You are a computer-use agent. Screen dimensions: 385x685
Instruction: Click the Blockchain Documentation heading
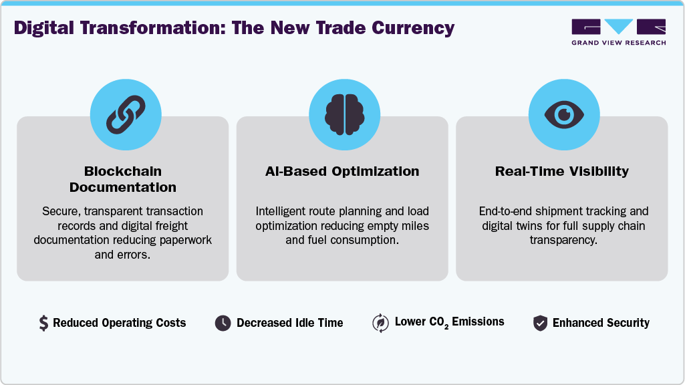coord(122,179)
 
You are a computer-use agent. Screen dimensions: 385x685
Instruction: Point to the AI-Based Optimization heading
coord(342,171)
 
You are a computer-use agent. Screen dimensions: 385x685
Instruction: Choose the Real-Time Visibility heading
coord(561,171)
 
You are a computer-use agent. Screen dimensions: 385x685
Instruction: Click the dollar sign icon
coord(43,324)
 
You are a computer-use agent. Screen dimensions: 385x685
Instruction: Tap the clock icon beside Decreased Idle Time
coord(223,324)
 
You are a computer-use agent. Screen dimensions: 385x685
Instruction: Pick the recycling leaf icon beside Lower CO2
coord(380,324)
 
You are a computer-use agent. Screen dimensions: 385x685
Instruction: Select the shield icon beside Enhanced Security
coord(540,324)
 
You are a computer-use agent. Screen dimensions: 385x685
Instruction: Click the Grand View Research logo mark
coord(619,27)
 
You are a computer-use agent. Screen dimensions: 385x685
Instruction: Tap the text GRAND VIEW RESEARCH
coord(619,43)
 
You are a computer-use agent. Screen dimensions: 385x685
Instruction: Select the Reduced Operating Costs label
coord(120,324)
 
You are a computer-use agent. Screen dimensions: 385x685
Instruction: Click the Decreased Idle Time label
coord(289,324)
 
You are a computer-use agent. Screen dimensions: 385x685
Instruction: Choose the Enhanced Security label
coord(601,324)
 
